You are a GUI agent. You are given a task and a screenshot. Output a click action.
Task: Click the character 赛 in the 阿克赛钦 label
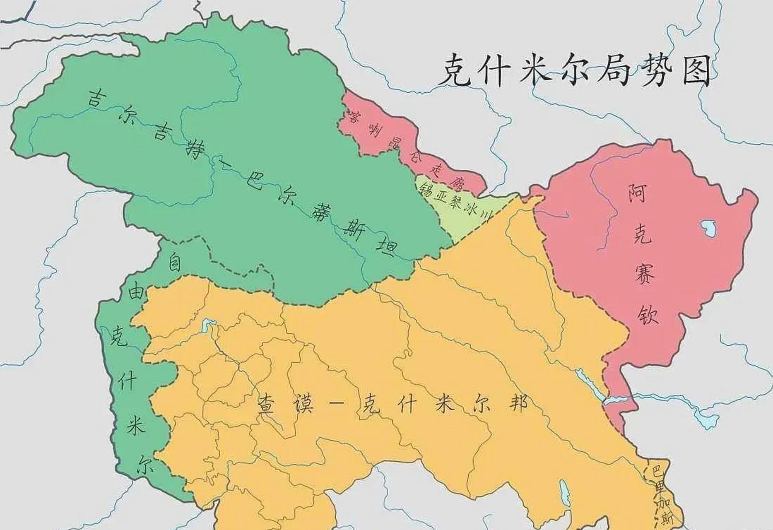tap(644, 273)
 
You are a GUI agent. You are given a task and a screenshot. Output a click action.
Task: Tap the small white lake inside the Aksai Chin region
tap(707, 227)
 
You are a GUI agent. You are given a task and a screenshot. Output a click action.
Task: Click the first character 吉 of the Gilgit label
tap(95, 99)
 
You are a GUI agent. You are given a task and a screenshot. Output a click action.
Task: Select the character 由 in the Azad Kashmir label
tap(137, 294)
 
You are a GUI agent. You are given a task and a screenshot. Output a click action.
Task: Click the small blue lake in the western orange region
tap(206, 325)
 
